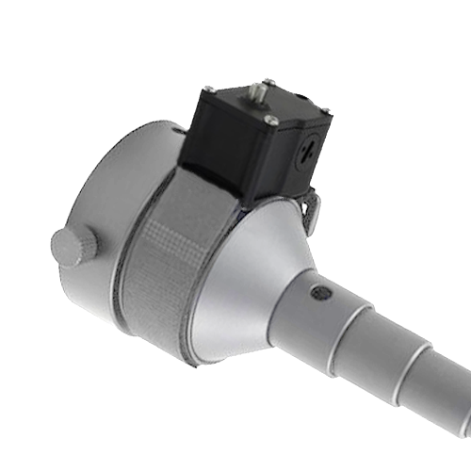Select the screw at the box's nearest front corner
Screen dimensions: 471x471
(x=271, y=119)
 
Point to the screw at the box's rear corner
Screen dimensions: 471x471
(x=269, y=82)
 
